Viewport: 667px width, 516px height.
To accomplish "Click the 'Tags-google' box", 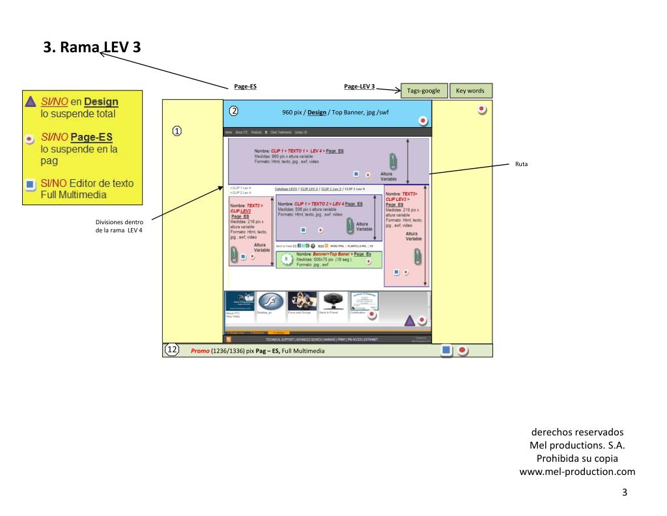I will click(x=423, y=91).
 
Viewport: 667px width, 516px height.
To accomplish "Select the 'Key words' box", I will click(x=470, y=91).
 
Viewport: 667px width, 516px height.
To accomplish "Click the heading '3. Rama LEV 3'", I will click(x=92, y=47).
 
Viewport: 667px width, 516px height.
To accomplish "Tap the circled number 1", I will click(x=177, y=131).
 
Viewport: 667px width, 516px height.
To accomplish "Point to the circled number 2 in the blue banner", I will click(x=234, y=110).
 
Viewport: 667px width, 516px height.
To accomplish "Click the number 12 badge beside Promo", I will click(x=172, y=350).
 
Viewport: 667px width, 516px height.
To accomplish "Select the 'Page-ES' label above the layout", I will click(x=245, y=86).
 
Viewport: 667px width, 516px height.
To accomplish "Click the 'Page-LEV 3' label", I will click(x=359, y=86).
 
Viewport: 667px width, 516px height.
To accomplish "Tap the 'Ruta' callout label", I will click(x=521, y=164).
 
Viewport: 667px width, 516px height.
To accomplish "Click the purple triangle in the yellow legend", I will click(x=30, y=102).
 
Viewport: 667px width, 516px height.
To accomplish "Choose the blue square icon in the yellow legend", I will click(x=30, y=184).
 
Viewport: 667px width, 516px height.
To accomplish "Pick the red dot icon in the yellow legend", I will click(x=30, y=139).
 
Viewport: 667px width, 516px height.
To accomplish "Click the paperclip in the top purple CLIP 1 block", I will click(x=393, y=161).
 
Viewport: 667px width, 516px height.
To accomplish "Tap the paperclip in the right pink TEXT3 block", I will click(x=417, y=255).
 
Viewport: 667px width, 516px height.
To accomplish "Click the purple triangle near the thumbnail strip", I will click(x=410, y=320).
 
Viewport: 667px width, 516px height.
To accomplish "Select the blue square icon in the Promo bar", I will click(x=446, y=351).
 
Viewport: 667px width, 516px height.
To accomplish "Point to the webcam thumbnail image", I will click(x=333, y=301).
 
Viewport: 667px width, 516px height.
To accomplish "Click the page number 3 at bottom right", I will click(x=624, y=492).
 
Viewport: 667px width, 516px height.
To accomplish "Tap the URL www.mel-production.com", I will click(x=576, y=472).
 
